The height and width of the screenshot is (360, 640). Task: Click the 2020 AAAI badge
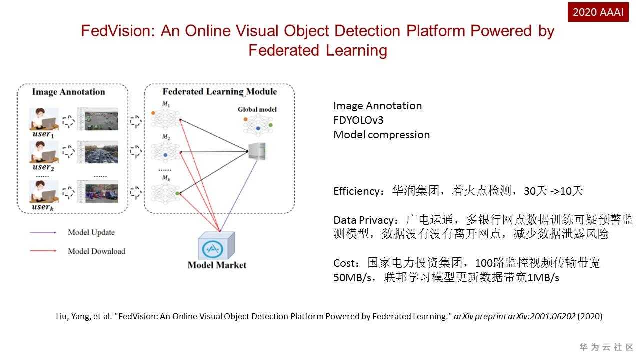pyautogui.click(x=598, y=12)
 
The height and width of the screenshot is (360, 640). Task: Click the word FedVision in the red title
pyautogui.click(x=117, y=31)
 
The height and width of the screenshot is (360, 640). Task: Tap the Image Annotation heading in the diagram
pyautogui.click(x=68, y=92)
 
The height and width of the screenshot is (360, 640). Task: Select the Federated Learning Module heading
pyautogui.click(x=219, y=92)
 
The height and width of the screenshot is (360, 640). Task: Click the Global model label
pyautogui.click(x=257, y=109)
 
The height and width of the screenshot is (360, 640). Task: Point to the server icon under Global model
pyautogui.click(x=257, y=151)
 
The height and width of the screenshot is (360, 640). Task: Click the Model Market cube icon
pyautogui.click(x=216, y=245)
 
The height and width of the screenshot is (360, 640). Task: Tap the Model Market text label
pyautogui.click(x=217, y=265)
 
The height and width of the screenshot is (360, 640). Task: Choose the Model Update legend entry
pyautogui.click(x=91, y=232)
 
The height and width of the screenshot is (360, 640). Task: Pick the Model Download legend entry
pyautogui.click(x=96, y=251)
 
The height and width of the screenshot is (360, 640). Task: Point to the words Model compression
pyautogui.click(x=381, y=135)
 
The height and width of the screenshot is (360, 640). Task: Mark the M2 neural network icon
pyautogui.click(x=164, y=151)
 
